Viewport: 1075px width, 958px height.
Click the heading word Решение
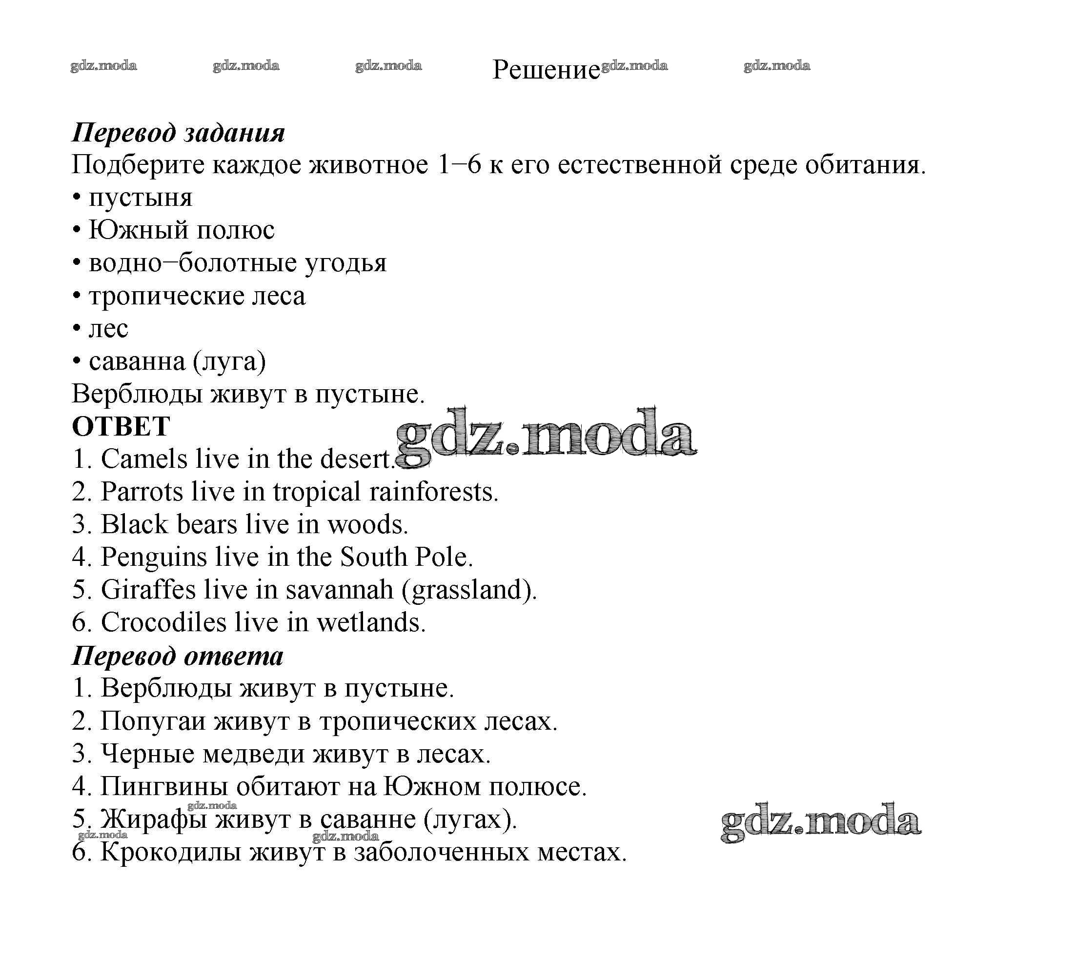pos(546,69)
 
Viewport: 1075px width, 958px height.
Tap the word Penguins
pos(154,558)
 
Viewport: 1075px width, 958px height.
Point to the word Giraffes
pos(148,590)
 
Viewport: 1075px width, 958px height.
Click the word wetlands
pos(371,622)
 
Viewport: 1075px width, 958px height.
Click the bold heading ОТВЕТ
pos(121,426)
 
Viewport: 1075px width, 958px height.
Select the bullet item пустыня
pos(141,199)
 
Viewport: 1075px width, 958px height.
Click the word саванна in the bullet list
pos(137,361)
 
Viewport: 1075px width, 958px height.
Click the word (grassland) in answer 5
pos(469,590)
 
